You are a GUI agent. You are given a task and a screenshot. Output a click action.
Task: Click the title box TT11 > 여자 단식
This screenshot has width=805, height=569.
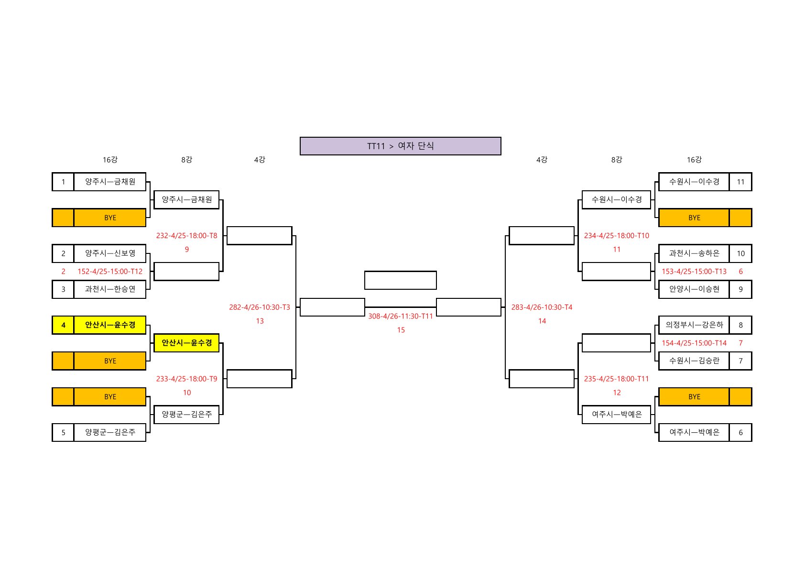(x=400, y=146)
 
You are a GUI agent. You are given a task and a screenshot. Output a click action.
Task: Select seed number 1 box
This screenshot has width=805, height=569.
(x=63, y=182)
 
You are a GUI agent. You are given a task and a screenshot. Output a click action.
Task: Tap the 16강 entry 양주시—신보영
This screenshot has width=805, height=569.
(x=110, y=253)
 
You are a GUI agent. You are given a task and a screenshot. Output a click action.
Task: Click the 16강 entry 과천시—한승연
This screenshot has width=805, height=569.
(x=110, y=289)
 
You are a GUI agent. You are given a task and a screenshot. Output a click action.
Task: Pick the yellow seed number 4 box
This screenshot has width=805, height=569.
(x=63, y=325)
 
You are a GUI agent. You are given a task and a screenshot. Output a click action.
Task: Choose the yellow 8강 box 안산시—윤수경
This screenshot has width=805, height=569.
(x=186, y=343)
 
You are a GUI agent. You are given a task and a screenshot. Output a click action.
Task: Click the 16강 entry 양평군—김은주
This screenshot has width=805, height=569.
(x=110, y=432)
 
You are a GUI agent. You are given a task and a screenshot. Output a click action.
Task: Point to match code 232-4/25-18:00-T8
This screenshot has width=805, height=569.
(x=186, y=235)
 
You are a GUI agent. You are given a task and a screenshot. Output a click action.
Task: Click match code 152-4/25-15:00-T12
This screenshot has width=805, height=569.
(x=110, y=271)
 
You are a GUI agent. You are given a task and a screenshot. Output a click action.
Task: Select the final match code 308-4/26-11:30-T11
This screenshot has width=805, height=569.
(x=400, y=316)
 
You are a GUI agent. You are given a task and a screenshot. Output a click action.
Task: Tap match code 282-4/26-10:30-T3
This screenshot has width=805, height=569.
(x=259, y=307)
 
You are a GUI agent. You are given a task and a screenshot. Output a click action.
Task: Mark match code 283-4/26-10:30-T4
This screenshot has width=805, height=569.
(x=542, y=307)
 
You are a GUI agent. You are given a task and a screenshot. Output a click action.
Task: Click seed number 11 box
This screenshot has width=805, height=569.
(x=740, y=182)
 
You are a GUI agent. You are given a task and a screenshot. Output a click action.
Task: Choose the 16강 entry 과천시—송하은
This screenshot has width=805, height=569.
(x=694, y=253)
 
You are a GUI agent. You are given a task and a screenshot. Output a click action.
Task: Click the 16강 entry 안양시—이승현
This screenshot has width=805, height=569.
(x=694, y=289)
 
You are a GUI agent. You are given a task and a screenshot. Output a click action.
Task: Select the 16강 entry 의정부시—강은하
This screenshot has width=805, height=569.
(x=694, y=325)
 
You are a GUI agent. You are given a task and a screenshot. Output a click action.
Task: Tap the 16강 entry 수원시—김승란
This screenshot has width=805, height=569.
(x=694, y=361)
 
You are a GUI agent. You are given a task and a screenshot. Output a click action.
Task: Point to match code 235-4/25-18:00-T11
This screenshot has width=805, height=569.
(x=616, y=379)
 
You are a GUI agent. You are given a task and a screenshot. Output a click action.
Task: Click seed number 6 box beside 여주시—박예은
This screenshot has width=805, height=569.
(x=740, y=432)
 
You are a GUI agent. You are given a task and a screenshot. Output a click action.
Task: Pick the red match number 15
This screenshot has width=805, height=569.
(x=401, y=330)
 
